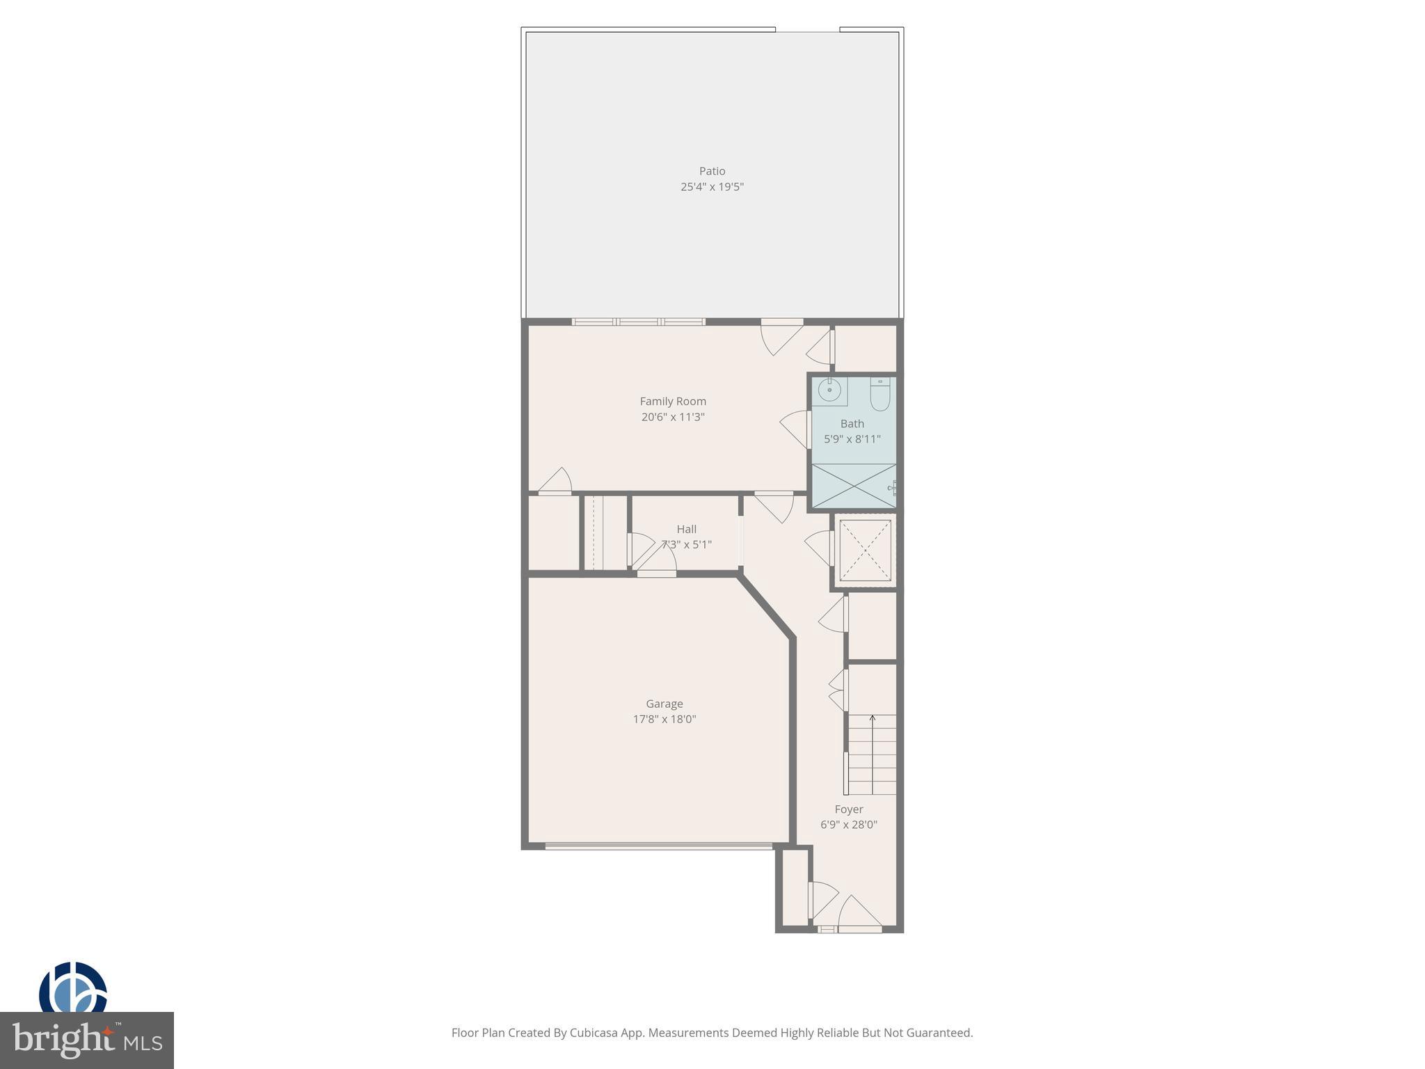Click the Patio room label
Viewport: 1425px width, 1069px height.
click(x=712, y=171)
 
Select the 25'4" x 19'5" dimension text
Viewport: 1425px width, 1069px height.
click(x=712, y=187)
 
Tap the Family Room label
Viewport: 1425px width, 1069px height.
click(x=673, y=402)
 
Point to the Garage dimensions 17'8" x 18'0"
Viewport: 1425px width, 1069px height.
click(x=664, y=720)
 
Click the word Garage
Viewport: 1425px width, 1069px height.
click(x=664, y=704)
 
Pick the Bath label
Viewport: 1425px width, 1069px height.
click(x=852, y=424)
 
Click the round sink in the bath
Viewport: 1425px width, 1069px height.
click(x=829, y=390)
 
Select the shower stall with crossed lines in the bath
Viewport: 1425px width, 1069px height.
click(x=854, y=486)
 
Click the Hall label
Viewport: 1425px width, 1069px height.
click(x=686, y=530)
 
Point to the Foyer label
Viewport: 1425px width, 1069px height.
click(x=848, y=809)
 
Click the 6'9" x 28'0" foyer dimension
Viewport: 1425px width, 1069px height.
click(x=848, y=825)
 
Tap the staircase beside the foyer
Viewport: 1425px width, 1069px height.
click(x=872, y=755)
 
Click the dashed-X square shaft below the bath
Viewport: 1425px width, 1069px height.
click(x=865, y=551)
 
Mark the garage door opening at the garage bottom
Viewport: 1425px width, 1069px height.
click(x=658, y=846)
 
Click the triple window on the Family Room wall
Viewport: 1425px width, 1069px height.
click(x=638, y=322)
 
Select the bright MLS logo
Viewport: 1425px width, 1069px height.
click(x=86, y=1040)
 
